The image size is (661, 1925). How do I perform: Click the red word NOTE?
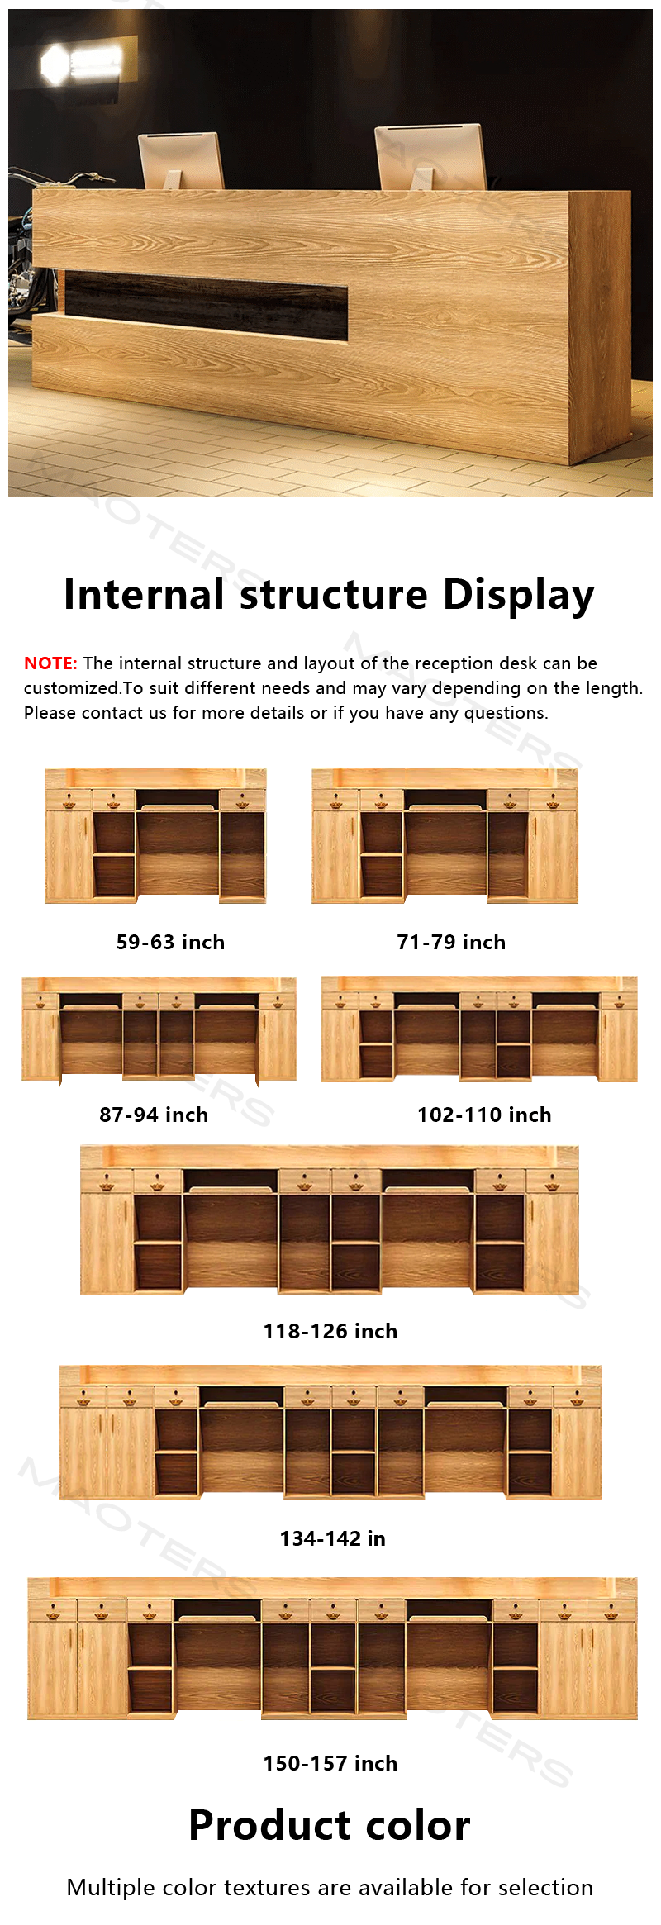point(50,663)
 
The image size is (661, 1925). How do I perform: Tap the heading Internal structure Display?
point(330,595)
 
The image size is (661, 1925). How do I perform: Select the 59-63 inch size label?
point(170,942)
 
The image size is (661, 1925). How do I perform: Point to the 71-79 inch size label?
point(451,942)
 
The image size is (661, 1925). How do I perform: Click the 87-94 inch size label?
point(154,1115)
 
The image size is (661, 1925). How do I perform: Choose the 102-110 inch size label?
point(484,1115)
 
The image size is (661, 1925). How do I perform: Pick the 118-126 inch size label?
point(330,1331)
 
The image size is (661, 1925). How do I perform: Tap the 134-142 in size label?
point(333,1538)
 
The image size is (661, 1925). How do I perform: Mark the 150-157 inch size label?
point(330,1763)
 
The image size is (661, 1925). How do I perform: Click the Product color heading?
point(330,1825)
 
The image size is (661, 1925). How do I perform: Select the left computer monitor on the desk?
point(181,161)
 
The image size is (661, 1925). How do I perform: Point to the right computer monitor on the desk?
point(430,158)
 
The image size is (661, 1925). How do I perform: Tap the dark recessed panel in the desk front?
point(206,305)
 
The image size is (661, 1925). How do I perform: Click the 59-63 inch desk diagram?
point(155,836)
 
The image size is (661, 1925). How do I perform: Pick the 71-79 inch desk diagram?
point(445,836)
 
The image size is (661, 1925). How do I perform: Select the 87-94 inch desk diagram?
point(159,1029)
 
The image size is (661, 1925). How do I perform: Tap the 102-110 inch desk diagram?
point(479,1029)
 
